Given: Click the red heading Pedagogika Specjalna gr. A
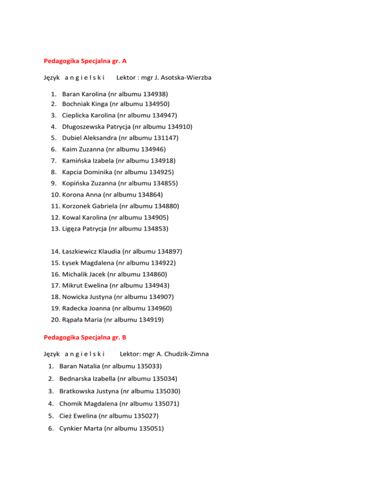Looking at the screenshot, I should pyautogui.click(x=85, y=61).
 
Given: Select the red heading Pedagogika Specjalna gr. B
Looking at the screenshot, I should pyautogui.click(x=85, y=337).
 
